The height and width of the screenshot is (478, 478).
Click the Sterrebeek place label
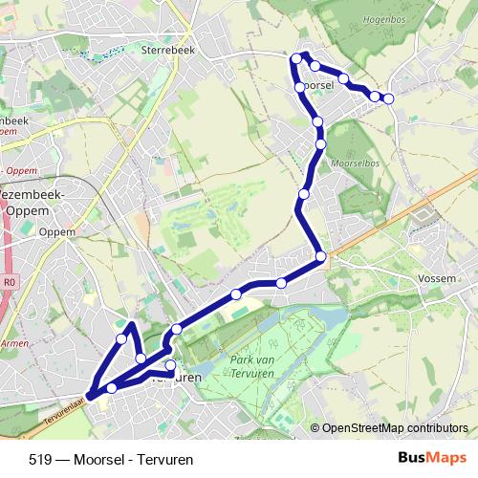point(167,47)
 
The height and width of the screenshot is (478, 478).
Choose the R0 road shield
point(11,283)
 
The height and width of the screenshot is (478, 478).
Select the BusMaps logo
point(432,458)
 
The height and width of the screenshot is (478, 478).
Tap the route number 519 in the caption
point(41,460)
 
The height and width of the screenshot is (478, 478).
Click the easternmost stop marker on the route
point(388,98)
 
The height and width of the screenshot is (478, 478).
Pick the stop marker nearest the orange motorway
point(321,256)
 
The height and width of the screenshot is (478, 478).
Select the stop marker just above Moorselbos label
point(320,144)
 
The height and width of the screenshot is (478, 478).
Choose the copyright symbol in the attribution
point(315,428)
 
